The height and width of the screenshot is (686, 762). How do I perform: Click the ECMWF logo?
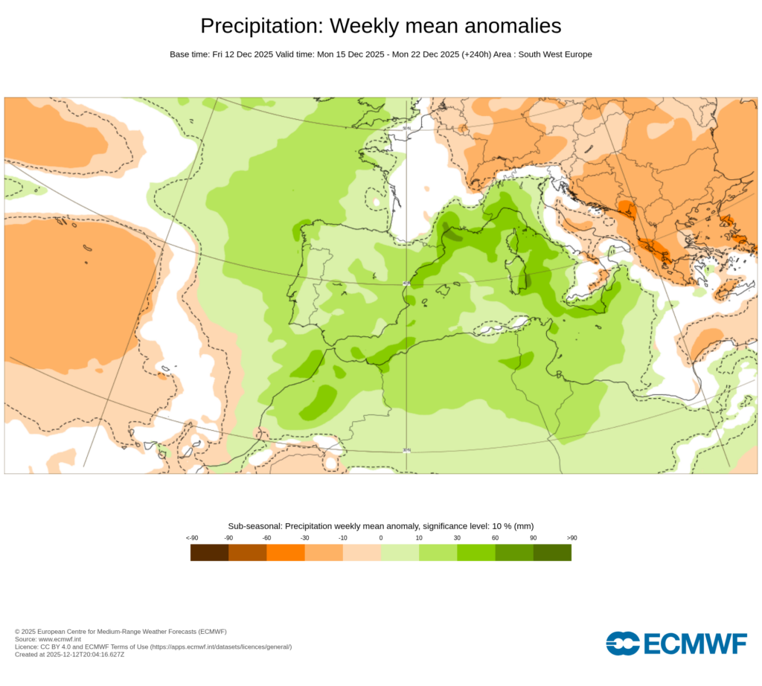(676, 644)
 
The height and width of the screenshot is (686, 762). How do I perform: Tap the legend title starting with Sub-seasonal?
(380, 526)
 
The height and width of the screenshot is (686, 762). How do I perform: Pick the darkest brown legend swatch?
(209, 552)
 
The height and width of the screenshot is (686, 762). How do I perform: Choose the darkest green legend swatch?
(552, 552)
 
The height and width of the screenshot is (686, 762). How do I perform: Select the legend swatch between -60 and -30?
(286, 552)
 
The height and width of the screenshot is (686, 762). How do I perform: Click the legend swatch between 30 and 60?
(476, 552)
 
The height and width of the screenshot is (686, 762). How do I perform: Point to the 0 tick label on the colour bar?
(380, 538)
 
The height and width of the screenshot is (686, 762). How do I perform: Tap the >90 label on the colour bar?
(571, 538)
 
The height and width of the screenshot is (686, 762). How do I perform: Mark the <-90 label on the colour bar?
(191, 538)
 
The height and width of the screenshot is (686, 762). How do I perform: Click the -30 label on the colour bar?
(304, 538)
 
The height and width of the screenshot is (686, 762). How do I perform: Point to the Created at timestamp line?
(69, 655)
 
